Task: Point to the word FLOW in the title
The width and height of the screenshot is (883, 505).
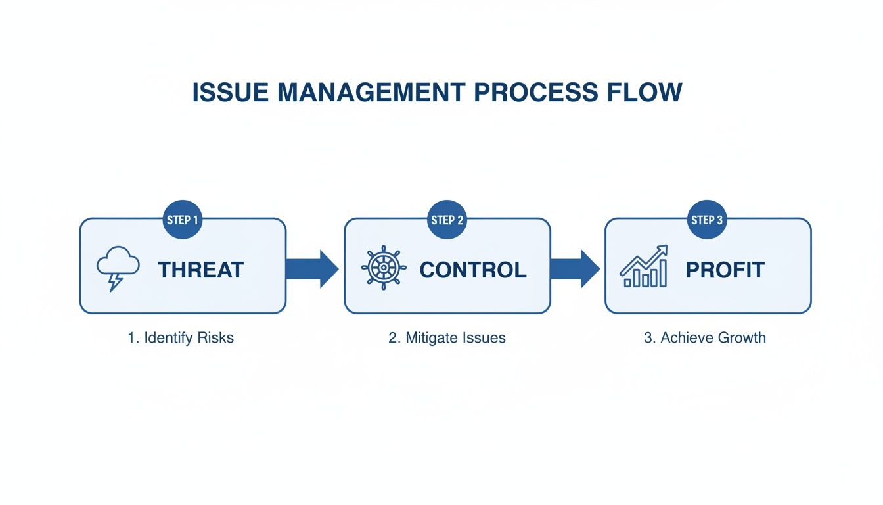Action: (644, 93)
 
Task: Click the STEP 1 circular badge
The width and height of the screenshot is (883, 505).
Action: (182, 220)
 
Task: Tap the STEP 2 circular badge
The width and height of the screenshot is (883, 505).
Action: (447, 220)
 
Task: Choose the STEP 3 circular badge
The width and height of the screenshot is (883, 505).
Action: (707, 220)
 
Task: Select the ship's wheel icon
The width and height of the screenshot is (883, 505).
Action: (384, 268)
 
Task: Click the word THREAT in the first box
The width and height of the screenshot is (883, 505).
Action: (200, 270)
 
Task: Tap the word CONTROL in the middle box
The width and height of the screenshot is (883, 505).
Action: (472, 270)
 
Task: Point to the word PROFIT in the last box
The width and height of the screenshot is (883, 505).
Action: (725, 270)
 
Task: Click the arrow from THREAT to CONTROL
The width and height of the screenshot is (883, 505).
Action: (313, 269)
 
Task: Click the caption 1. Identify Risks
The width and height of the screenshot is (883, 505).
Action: (181, 338)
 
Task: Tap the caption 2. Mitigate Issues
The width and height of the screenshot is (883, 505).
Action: (447, 338)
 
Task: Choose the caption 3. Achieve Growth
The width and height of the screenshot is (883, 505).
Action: (704, 338)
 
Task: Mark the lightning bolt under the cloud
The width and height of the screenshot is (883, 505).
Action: (116, 282)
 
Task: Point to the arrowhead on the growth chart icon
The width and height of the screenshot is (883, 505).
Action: (663, 250)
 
